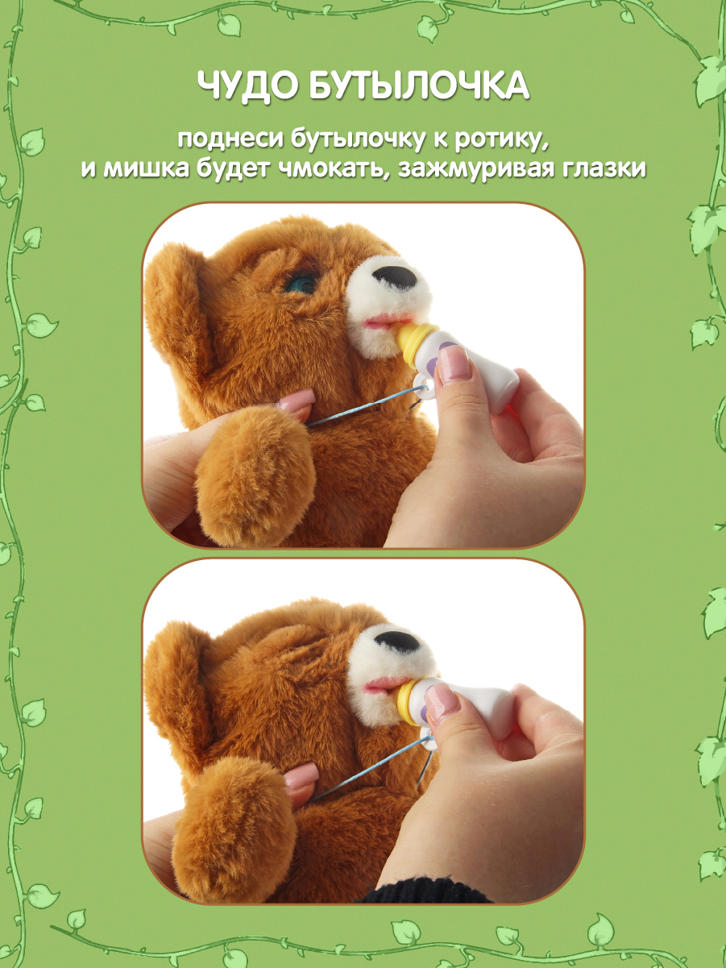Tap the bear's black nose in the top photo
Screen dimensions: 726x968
point(395,278)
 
